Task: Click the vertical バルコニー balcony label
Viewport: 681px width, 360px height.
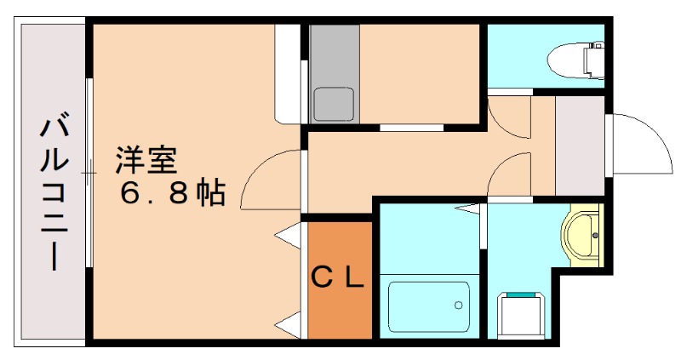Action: pos(53,194)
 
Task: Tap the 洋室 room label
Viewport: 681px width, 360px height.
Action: pos(146,161)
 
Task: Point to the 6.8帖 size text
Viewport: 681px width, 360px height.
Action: pos(172,194)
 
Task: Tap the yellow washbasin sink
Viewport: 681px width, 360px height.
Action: pos(581,234)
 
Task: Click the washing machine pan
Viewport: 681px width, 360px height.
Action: pos(521,316)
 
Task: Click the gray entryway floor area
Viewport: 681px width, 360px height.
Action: pos(579,145)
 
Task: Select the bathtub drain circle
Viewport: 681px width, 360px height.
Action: pos(459,304)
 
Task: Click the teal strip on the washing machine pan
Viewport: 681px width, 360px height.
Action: pos(521,294)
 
